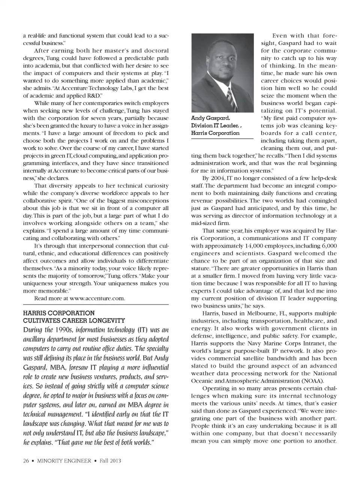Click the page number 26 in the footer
(x=26, y=461)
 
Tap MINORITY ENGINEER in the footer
(x=64, y=461)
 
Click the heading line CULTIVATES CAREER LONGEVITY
(x=74, y=320)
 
